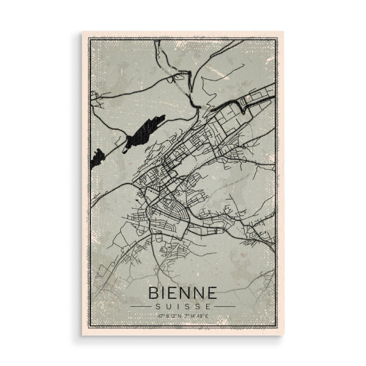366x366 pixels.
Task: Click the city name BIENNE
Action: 183,291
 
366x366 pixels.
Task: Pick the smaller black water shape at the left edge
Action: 97,159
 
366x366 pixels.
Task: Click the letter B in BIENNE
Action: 153,291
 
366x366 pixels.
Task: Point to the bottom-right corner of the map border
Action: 277,328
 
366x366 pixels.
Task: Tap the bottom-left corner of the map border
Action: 89,328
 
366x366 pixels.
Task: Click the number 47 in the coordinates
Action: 160,316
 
